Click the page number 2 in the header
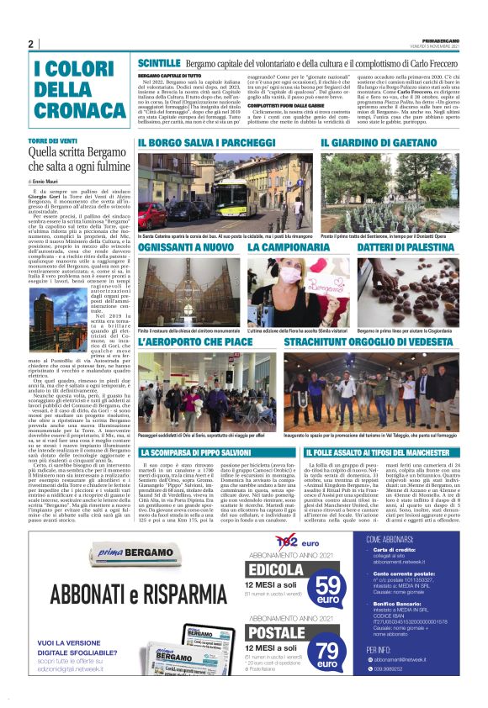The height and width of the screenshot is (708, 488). click(x=31, y=44)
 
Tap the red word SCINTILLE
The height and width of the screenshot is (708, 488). click(x=159, y=63)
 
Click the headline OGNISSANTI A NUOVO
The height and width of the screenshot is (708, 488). click(x=186, y=249)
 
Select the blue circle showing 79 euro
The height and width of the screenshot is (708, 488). click(x=329, y=651)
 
